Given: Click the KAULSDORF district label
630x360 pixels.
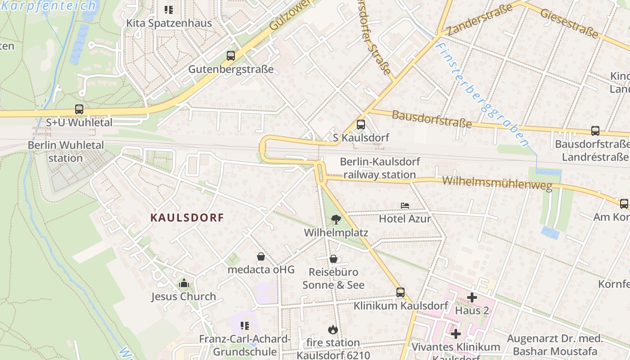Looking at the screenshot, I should [x=187, y=218].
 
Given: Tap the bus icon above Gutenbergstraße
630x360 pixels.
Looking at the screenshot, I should [x=231, y=56].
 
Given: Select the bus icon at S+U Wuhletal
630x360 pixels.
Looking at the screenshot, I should [x=79, y=109].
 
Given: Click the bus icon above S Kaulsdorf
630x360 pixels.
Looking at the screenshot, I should [x=360, y=125].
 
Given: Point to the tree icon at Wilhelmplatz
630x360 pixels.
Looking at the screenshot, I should [x=336, y=220].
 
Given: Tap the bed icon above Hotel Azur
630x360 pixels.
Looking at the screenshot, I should [x=405, y=206].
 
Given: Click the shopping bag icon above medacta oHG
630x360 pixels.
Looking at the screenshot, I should [x=261, y=256].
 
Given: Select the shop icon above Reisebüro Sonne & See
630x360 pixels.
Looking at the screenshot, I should [x=333, y=259].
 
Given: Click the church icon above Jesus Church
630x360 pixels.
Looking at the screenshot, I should [x=184, y=283].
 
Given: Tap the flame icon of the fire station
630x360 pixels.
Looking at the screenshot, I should [x=333, y=330].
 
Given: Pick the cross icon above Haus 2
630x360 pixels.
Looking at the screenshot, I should [x=472, y=297].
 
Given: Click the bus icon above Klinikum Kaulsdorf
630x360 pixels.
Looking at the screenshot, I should [x=400, y=292].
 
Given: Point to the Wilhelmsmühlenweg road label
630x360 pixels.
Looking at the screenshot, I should [x=497, y=184].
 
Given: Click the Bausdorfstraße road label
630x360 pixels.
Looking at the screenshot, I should [x=432, y=118].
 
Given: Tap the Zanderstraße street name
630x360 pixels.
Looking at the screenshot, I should [x=480, y=20].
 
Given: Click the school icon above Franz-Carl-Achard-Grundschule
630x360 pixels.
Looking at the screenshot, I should [x=245, y=325].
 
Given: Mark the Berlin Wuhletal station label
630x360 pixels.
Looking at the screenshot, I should [x=66, y=152].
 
